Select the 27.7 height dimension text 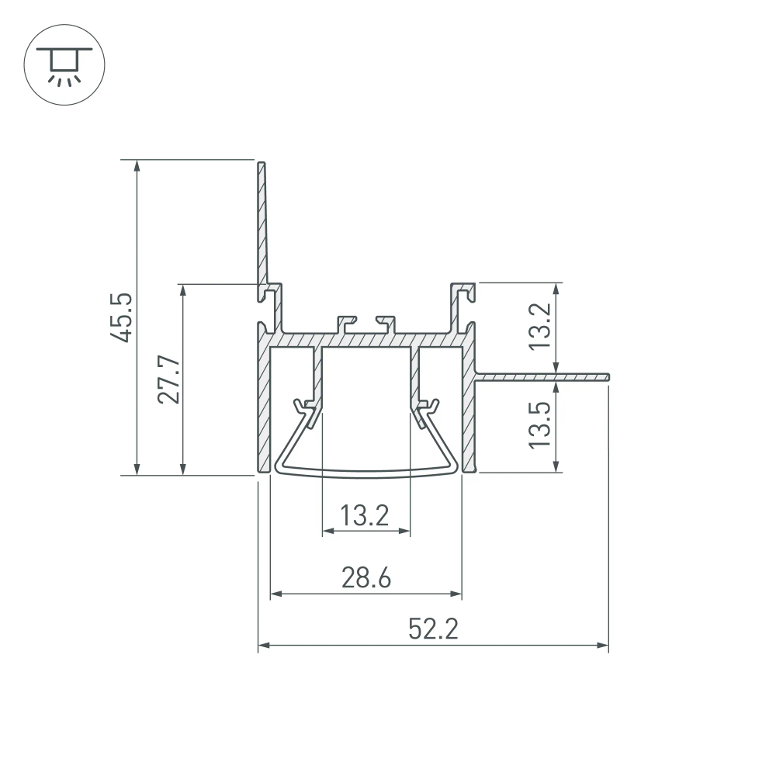pos(169,379)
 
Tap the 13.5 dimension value pos(540,424)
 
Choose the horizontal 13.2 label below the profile pos(365,514)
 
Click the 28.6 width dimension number pos(365,578)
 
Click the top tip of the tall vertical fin pos(262,165)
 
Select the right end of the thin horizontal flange pos(608,377)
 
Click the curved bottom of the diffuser pos(365,473)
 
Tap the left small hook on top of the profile pos(346,320)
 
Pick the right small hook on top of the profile pos(386,320)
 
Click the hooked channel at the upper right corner pos(464,293)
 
